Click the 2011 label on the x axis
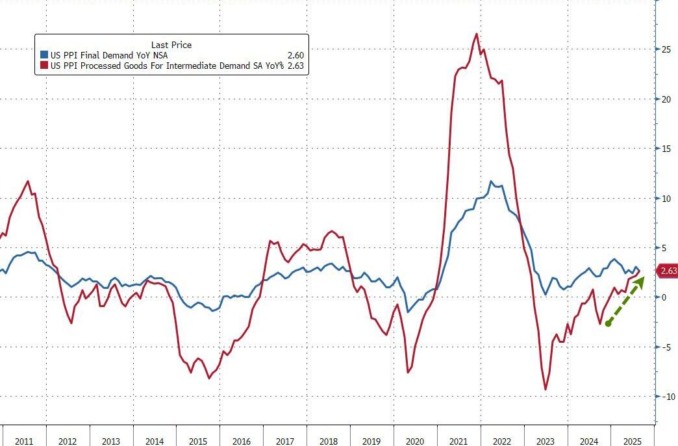(24, 441)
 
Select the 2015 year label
(198, 441)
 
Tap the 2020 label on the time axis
(415, 441)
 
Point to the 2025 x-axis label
(633, 441)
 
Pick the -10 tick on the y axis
(667, 397)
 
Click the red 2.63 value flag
(668, 271)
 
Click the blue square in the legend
(44, 56)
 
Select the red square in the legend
(44, 66)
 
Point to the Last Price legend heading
(171, 45)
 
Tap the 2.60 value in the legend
(295, 56)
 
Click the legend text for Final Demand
(109, 56)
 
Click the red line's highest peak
(477, 34)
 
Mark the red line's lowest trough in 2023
(546, 390)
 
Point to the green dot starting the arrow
(608, 323)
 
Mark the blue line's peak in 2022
(492, 182)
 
